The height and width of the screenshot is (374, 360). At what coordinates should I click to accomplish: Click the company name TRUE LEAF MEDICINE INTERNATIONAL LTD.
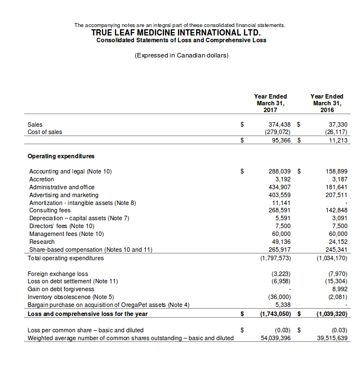180,33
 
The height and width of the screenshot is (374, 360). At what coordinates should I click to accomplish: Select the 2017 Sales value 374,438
279,124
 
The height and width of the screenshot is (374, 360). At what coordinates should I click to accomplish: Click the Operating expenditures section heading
61,156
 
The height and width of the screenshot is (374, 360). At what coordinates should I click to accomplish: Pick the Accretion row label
42,179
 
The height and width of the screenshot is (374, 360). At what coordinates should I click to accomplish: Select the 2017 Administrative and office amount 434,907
281,186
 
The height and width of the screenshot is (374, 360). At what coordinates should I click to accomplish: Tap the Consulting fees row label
51,210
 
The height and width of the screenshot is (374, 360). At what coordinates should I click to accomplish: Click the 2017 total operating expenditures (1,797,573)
275,258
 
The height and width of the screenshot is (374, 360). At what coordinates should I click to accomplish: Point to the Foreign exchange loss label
58,273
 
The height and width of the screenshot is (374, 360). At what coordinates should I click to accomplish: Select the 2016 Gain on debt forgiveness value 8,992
336,288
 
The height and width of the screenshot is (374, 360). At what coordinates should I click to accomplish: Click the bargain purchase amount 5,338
283,304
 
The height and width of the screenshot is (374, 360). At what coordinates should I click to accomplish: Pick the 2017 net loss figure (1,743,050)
275,313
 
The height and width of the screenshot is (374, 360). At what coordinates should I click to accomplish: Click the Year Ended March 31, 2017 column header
270,103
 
